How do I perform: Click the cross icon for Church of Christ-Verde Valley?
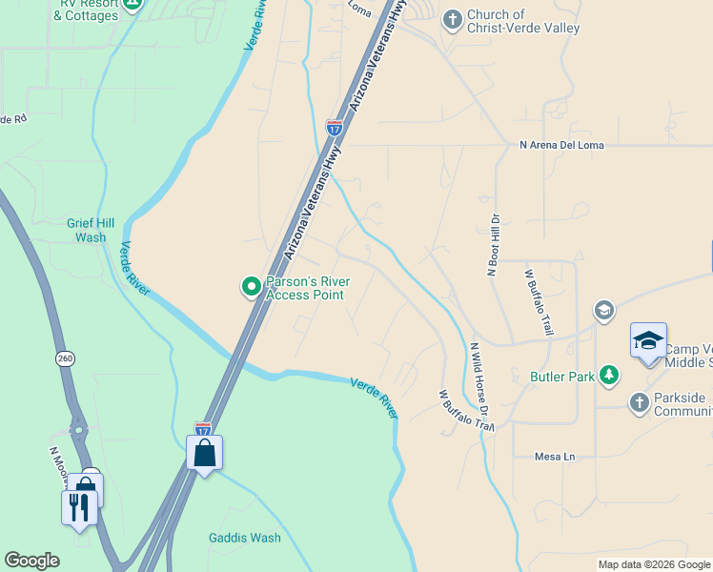pos(452,18)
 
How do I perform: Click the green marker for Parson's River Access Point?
pos(252,286)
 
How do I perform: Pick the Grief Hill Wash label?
pos(92,230)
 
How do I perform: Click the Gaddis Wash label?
pos(245,538)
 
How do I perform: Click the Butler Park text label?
pos(561,377)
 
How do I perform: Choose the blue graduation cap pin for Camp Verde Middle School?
pos(648,341)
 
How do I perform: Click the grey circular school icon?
pos(602,310)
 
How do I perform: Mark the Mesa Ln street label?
pos(557,457)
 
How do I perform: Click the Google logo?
pos(31,561)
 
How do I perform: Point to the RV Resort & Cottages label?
pos(92,10)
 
